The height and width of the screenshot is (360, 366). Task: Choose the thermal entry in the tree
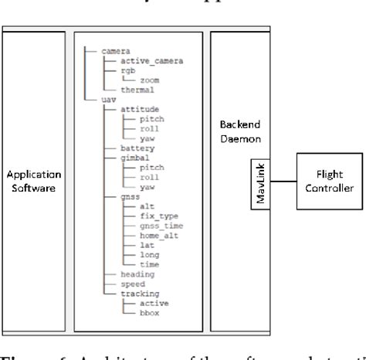tap(127, 90)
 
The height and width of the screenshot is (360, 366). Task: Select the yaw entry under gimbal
tap(144, 187)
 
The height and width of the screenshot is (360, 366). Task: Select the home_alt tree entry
tap(155, 237)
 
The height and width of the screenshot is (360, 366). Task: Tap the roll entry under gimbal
tap(146, 177)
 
